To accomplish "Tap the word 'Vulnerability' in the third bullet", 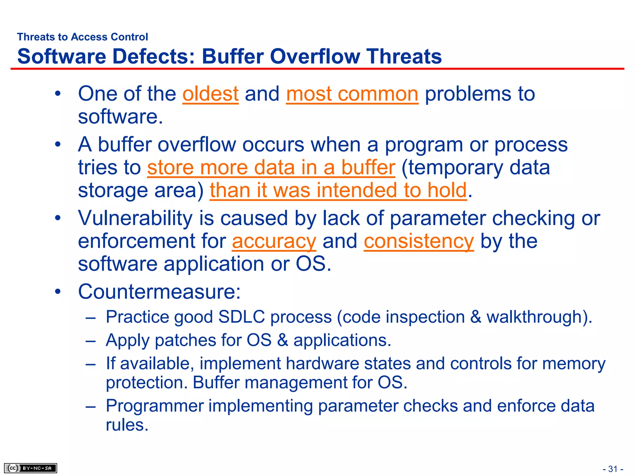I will coord(135,218).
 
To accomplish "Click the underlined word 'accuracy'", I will coord(274,241).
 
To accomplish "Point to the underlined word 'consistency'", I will coord(419,241).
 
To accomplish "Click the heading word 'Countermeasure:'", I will coord(159,292).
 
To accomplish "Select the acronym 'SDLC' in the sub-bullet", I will coord(242,317).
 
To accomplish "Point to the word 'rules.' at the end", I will coord(127,425).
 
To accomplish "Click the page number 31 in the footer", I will coord(613,469).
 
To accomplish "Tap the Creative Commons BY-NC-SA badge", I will coord(30,468).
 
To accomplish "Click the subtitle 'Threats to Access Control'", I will coord(82,37).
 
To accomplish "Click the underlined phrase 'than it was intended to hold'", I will coord(338,190).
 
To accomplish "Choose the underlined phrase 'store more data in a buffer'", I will coord(271,167).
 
